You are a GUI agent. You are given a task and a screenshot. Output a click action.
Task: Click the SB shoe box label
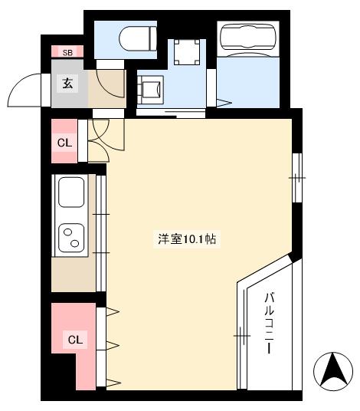point(67,52)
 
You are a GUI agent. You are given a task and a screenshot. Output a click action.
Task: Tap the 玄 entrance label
point(67,84)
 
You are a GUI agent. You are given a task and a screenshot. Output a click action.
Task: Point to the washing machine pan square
point(186,51)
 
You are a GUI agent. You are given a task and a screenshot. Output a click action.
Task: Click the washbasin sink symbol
point(152,88)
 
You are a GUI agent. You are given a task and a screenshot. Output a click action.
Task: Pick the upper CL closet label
point(64,142)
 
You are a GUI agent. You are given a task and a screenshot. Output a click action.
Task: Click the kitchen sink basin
point(71,192)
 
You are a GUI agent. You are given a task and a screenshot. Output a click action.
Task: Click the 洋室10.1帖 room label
point(188,239)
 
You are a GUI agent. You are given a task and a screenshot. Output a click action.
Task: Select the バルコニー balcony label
point(270,322)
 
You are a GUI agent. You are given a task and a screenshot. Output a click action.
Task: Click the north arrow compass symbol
point(334,371)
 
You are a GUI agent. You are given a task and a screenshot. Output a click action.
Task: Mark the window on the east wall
point(298,177)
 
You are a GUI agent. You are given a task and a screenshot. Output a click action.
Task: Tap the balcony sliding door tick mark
point(241,335)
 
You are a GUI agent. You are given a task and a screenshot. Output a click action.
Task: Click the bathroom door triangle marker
point(224,102)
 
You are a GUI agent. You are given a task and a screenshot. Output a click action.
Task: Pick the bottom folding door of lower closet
point(113,381)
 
